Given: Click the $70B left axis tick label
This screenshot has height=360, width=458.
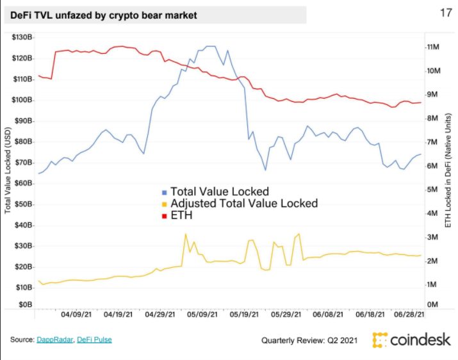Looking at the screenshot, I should tap(22, 163).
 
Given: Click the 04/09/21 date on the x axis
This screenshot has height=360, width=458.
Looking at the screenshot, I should tap(75, 315).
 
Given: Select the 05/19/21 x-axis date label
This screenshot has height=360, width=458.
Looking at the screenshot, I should tap(243, 315).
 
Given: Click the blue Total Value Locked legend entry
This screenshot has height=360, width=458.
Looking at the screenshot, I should tap(215, 192).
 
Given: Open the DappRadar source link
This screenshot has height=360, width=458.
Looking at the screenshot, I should tap(55, 340).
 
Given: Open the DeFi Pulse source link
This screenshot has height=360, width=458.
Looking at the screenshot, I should tap(98, 340).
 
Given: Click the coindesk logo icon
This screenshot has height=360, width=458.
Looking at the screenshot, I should tap(380, 340).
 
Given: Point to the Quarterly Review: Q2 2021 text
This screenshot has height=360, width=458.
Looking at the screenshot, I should tap(313, 340).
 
